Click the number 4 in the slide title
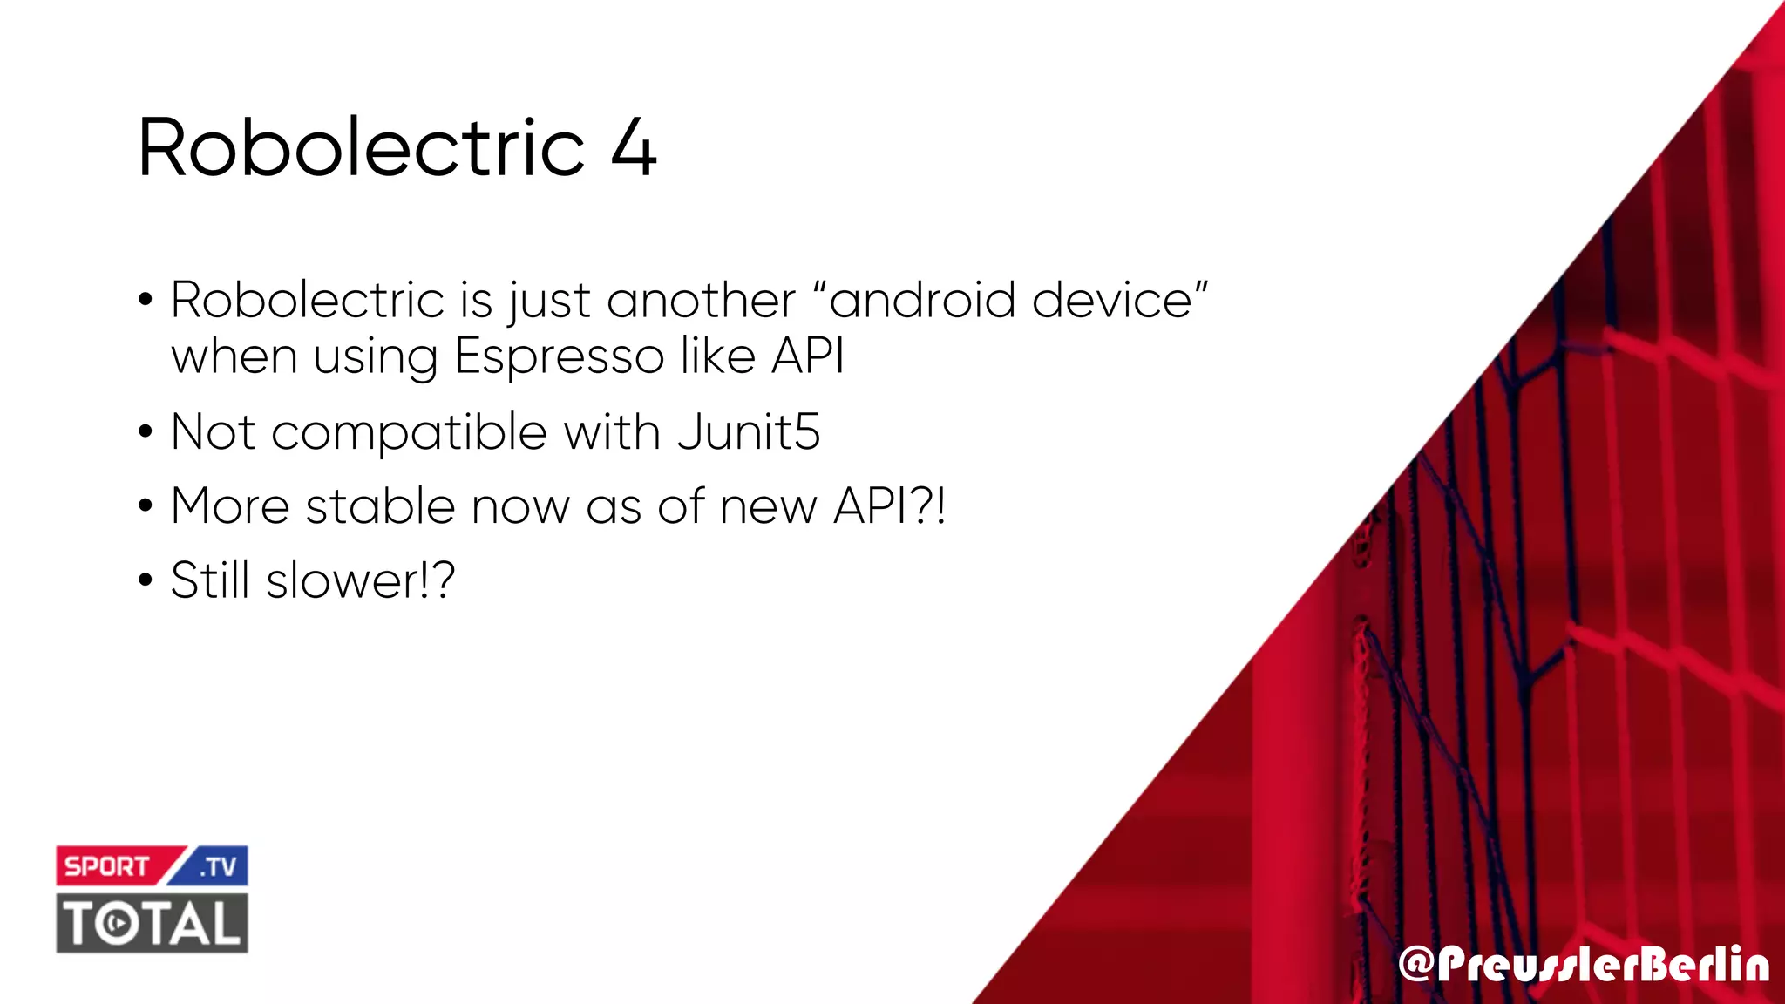click(x=634, y=148)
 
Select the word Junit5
click(x=749, y=431)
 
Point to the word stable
click(x=380, y=505)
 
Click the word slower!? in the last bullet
click(x=360, y=580)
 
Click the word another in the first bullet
click(x=701, y=301)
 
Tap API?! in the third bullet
click(x=889, y=505)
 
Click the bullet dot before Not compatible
click(x=146, y=432)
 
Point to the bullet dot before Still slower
click(x=146, y=580)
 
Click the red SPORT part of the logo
click(x=108, y=866)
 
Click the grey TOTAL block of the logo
click(x=153, y=923)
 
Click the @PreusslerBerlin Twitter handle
click(x=1583, y=965)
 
